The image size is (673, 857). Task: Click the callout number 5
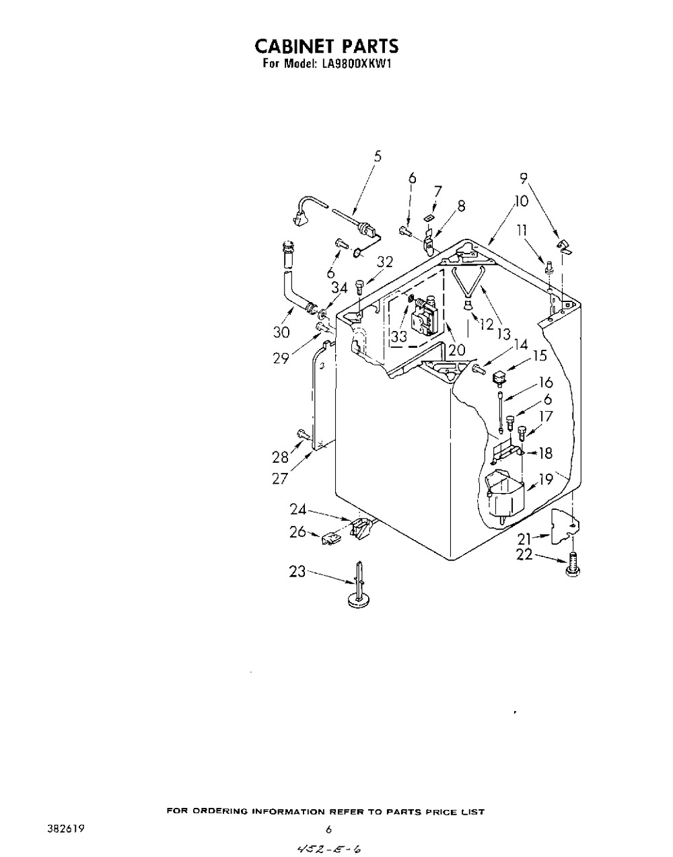pos(378,156)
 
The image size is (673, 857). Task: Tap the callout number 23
pos(297,572)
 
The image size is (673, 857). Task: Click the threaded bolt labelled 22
pos(572,566)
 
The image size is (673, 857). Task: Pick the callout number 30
pos(281,332)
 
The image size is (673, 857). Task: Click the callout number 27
pos(280,479)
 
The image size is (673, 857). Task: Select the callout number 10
pos(521,201)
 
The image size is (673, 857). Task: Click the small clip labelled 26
pos(330,537)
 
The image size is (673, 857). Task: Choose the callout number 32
pos(385,262)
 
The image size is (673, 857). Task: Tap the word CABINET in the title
pos(294,46)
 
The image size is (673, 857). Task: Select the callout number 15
pos(539,356)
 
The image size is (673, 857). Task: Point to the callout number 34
pos(339,289)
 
